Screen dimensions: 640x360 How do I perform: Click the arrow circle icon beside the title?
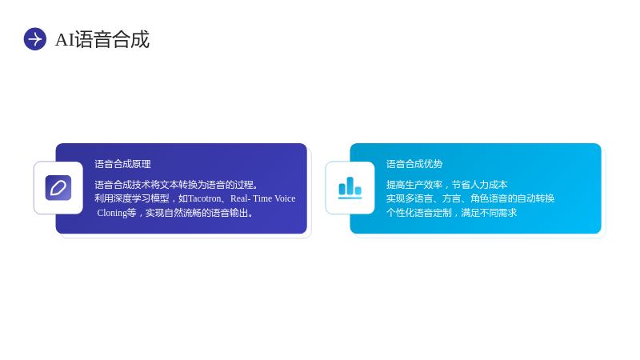pos(35,39)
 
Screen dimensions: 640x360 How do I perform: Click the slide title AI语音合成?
pos(102,39)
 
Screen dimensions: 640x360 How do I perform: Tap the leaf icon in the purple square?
pos(58,188)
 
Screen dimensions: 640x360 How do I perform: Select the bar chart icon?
pos(350,188)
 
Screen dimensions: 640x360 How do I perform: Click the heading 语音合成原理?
pos(123,164)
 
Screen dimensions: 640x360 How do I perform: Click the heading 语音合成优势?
pos(414,164)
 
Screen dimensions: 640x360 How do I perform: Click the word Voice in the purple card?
pos(285,198)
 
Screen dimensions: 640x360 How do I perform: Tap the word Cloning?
pos(112,213)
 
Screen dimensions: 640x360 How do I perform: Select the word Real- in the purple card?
pos(241,198)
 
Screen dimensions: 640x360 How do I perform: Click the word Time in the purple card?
pos(262,198)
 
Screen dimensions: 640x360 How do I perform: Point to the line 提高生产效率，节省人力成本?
pos(447,185)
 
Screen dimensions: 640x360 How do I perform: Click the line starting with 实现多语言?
pos(470,198)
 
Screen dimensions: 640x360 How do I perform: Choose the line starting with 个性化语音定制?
pos(452,213)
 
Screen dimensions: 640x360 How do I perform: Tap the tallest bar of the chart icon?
pos(350,186)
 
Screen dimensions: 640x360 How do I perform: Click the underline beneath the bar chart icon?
pos(350,198)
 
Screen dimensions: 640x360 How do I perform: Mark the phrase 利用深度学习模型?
pos(132,198)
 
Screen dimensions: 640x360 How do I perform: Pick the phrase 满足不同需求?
pos(489,213)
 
